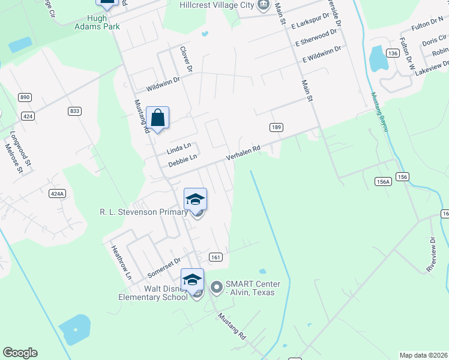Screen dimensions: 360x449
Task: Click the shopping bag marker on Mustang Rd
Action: tap(157, 118)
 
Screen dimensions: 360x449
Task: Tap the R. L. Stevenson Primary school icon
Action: tap(195, 200)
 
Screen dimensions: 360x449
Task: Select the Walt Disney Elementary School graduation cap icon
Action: tap(192, 280)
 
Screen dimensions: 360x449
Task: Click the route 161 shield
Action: tap(216, 257)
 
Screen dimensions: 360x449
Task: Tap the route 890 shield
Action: tap(25, 97)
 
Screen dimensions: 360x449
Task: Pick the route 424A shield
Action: tap(56, 194)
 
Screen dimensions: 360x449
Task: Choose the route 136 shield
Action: tap(393, 53)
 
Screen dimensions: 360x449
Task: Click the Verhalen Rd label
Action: tap(243, 152)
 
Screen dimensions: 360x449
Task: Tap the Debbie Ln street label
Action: tap(182, 160)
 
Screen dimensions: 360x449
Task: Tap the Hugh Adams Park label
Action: tap(97, 23)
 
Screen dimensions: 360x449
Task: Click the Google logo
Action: tap(20, 353)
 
